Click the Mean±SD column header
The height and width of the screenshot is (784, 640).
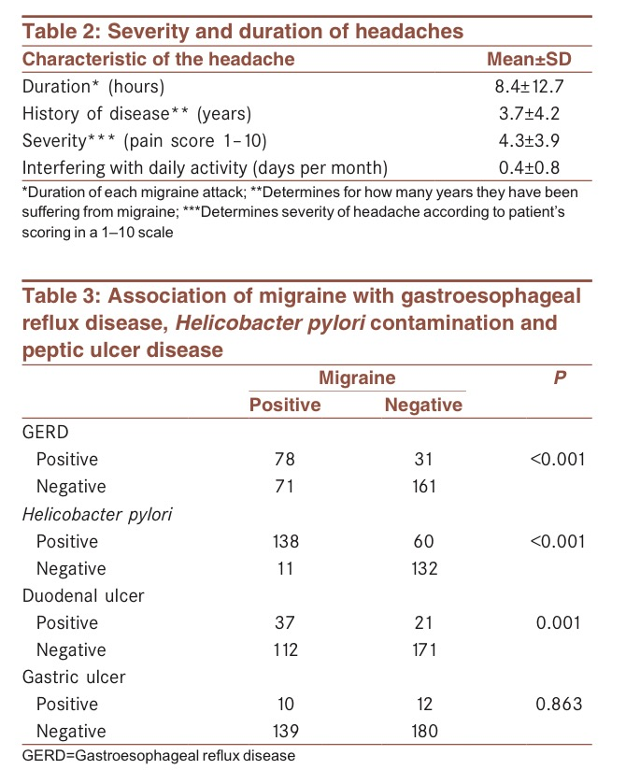(529, 60)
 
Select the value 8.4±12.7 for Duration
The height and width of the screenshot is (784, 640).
(529, 87)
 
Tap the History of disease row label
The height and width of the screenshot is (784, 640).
(136, 114)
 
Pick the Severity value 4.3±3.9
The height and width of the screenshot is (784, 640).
(529, 140)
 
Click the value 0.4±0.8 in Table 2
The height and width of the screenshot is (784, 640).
(529, 167)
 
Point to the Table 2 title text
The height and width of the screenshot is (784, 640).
(243, 31)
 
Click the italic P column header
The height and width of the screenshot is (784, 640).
(559, 378)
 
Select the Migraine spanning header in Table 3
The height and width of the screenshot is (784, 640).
(357, 378)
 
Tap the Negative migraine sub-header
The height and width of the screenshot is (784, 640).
(423, 405)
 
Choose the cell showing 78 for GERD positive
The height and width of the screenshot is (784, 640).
(285, 459)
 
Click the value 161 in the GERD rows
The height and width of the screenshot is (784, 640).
(423, 486)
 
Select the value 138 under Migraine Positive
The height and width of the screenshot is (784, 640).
(285, 541)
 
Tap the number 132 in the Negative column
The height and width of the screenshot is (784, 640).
(423, 568)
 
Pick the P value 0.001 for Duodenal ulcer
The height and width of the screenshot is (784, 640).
(559, 622)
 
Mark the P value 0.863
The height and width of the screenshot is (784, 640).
(559, 704)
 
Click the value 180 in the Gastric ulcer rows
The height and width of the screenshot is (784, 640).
(423, 731)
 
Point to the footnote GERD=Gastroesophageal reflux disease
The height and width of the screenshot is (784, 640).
(158, 755)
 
